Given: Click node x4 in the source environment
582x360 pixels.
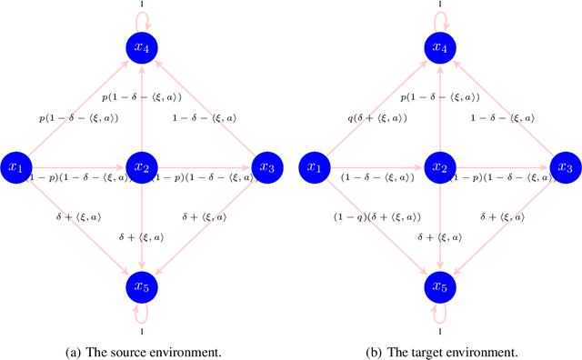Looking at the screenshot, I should click(142, 47).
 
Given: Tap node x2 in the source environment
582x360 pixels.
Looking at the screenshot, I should click(142, 167).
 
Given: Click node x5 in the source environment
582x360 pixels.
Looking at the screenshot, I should click(142, 287).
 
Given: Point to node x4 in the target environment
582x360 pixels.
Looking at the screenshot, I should click(440, 47).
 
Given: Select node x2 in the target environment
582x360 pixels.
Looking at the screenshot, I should click(440, 167).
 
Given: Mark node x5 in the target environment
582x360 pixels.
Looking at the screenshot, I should click(440, 287).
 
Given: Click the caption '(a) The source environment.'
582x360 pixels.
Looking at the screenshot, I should click(142, 351).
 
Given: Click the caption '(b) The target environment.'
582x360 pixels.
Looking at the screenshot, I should click(440, 351).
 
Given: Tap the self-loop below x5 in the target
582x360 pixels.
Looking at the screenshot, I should click(440, 315).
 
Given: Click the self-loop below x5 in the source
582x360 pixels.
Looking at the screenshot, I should click(142, 315).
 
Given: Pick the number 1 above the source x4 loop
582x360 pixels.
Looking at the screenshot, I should click(142, 4).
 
